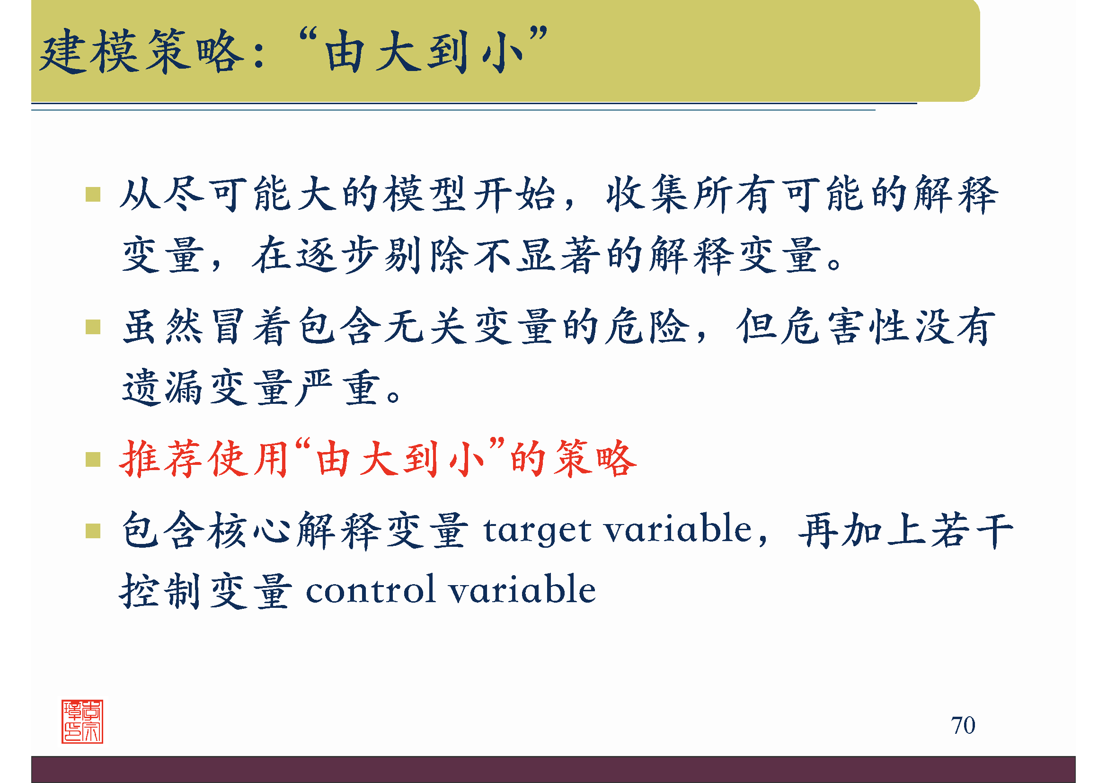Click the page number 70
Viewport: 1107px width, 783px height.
coord(962,725)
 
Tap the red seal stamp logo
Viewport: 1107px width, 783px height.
coord(82,721)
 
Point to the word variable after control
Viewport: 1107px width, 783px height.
coord(522,590)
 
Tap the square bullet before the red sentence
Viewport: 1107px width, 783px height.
coord(93,460)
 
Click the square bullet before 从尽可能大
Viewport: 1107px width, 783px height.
coord(93,194)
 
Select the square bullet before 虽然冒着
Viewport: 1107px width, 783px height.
coord(93,327)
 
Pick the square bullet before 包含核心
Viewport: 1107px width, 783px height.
coord(93,531)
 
